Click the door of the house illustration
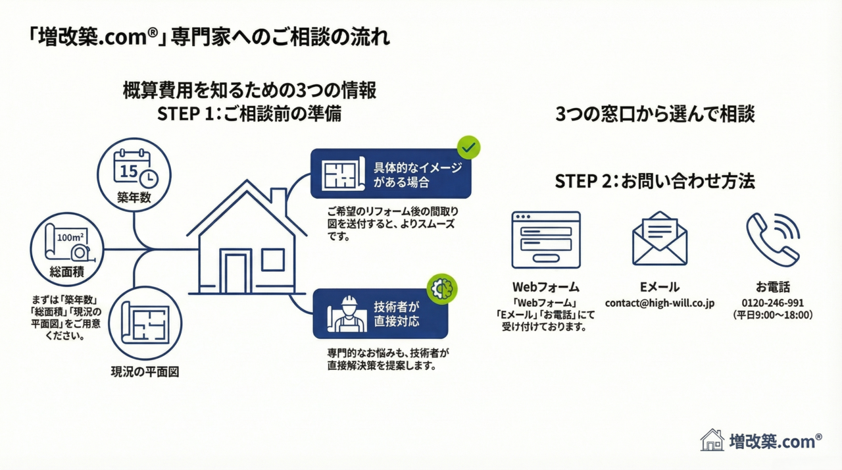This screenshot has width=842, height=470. pos(235,271)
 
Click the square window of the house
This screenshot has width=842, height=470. pos(272,260)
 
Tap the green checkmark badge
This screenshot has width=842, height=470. pos(468,148)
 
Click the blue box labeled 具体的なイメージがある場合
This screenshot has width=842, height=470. pos(391,174)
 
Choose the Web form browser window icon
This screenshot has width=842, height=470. pos(545,240)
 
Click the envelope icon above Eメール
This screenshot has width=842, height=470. pos(659,241)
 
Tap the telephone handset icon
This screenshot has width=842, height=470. pos(772,240)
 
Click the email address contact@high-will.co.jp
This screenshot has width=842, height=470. pos(660,303)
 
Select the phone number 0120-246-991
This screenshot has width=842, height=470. pos(772,303)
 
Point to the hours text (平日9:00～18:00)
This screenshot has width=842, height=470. pos(772,315)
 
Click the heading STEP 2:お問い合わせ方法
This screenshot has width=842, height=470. pos(655,182)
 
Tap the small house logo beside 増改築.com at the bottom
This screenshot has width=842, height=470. pos(712,440)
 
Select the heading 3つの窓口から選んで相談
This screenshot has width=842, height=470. pos(655,114)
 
